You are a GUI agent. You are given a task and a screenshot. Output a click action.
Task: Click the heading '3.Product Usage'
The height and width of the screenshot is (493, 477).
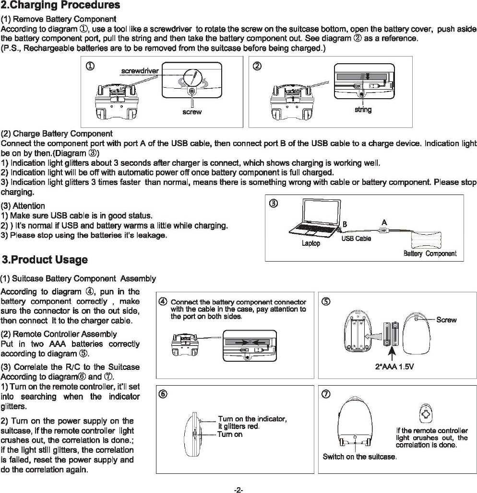45,260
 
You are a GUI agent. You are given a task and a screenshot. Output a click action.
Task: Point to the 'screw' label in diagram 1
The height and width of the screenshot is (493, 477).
192,112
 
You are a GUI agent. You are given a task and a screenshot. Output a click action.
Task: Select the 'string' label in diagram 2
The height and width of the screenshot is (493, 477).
363,110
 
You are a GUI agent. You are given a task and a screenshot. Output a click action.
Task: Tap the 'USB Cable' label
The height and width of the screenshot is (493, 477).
356,238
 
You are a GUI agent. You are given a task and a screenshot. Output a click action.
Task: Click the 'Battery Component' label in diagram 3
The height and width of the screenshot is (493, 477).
430,253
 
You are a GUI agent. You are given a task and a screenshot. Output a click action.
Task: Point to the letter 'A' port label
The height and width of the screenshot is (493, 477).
384,222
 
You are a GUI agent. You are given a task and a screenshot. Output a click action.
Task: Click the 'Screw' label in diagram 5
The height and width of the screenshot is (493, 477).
446,320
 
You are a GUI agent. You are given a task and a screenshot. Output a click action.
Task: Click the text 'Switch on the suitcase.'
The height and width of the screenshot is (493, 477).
359,457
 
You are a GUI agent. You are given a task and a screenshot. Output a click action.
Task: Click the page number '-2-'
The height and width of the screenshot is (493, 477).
238,490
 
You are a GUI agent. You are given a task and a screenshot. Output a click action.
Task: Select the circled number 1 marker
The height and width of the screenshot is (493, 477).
90,66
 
